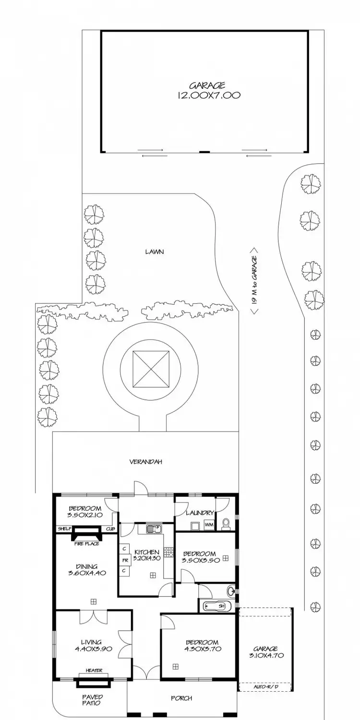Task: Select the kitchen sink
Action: tap(155, 529)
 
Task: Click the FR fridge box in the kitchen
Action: tap(124, 560)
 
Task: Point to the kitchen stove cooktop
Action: tap(168, 552)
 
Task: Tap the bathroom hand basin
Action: tap(232, 590)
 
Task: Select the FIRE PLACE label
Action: tap(87, 544)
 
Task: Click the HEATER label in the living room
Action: tap(94, 671)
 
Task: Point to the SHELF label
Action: tap(64, 529)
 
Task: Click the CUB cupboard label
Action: tap(110, 529)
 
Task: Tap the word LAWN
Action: tap(155, 251)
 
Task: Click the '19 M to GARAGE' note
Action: tap(254, 281)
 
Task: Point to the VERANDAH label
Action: tap(145, 462)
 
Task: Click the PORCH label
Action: tap(181, 698)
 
